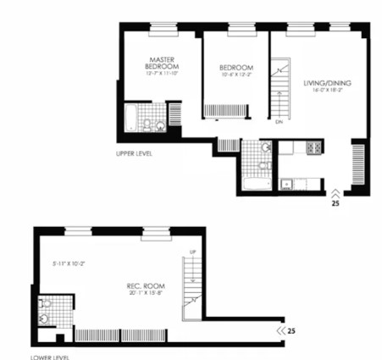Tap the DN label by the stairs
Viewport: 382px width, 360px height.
coord(279,122)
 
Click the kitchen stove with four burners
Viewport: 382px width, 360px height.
coord(313,149)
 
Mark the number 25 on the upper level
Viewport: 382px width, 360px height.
coord(335,204)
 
